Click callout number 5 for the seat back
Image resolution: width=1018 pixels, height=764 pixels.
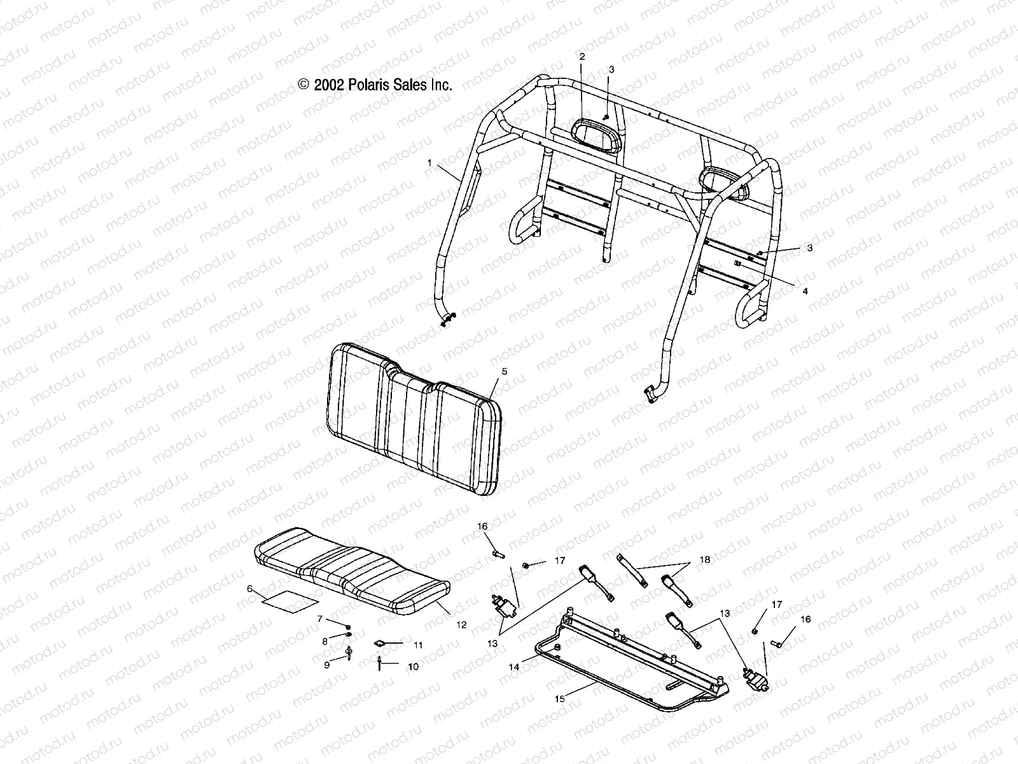click(x=505, y=371)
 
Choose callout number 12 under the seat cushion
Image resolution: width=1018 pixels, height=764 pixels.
click(x=461, y=625)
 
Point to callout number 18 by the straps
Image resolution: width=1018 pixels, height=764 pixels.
click(x=705, y=560)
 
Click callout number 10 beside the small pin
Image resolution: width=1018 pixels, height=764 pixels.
click(x=414, y=667)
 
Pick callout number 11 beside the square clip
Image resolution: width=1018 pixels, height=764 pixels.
click(x=417, y=645)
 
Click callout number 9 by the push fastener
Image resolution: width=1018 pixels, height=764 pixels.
click(x=327, y=665)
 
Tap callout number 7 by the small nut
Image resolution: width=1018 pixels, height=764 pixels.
click(x=321, y=619)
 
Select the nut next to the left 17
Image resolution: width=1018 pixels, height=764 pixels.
click(x=526, y=565)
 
